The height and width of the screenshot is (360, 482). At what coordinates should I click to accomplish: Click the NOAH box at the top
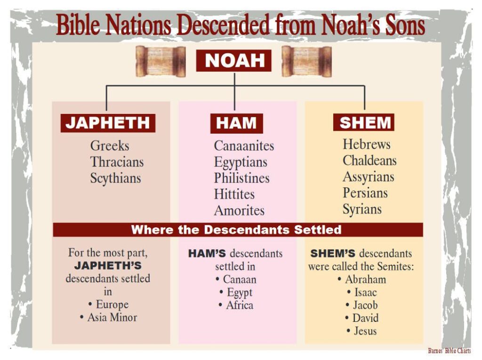pyautogui.click(x=233, y=60)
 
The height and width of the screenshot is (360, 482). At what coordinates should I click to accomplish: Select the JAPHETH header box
pyautogui.click(x=108, y=123)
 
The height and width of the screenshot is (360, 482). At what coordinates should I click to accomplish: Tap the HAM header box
pyautogui.click(x=236, y=123)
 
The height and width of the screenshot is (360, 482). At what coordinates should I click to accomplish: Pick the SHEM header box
pyautogui.click(x=364, y=122)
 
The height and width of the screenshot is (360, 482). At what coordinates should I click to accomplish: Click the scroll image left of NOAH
pyautogui.click(x=161, y=61)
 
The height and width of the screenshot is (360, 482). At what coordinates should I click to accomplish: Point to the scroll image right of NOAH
pyautogui.click(x=306, y=61)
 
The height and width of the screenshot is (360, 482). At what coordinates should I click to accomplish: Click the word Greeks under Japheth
pyautogui.click(x=110, y=146)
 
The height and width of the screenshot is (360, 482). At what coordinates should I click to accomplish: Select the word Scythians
pyautogui.click(x=116, y=178)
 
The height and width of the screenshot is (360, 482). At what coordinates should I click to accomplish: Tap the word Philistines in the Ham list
pyautogui.click(x=242, y=178)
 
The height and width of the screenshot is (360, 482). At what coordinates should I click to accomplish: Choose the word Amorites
pyautogui.click(x=239, y=211)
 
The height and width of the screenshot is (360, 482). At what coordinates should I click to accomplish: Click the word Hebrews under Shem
pyautogui.click(x=366, y=144)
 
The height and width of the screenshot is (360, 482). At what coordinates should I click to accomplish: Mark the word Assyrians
pyautogui.click(x=368, y=177)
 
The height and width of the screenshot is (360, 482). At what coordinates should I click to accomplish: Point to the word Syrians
pyautogui.click(x=362, y=209)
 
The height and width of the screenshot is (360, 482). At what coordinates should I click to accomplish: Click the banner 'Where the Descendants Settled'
pyautogui.click(x=238, y=230)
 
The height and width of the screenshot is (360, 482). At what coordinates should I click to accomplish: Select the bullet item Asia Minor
pyautogui.click(x=109, y=317)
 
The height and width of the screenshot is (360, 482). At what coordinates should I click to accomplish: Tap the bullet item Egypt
pyautogui.click(x=236, y=292)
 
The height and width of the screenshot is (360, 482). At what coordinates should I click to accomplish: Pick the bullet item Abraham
pyautogui.click(x=362, y=280)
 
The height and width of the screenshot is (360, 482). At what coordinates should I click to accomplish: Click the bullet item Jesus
pyautogui.click(x=361, y=331)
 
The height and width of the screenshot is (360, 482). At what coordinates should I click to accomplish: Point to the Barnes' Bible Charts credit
pyautogui.click(x=449, y=351)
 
